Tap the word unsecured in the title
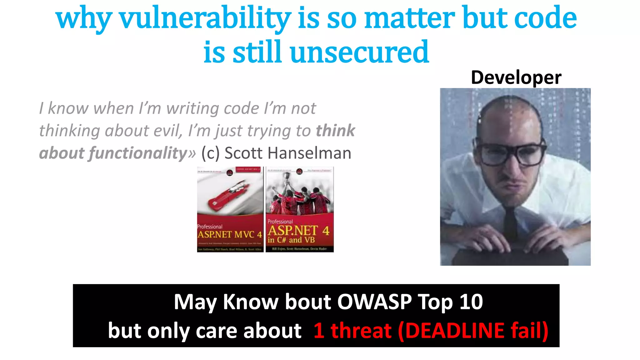[359, 52]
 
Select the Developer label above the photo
[516, 77]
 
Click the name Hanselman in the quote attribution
[309, 153]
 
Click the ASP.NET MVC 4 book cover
[230, 209]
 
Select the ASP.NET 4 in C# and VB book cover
[299, 209]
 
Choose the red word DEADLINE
[455, 331]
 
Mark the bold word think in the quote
[335, 131]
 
